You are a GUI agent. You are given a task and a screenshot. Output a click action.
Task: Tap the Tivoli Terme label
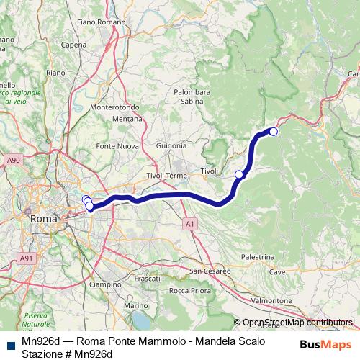tap(167, 176)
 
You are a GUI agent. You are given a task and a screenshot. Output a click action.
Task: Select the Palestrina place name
tap(258, 257)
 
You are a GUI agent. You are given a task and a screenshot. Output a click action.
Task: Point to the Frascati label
tap(147, 278)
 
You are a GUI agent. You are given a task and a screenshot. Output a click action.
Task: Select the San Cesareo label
tap(210, 271)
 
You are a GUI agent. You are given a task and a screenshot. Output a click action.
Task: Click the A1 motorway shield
tap(189, 225)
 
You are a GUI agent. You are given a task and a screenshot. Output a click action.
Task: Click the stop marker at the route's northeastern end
tap(274, 131)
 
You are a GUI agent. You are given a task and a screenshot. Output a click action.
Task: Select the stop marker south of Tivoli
tap(239, 174)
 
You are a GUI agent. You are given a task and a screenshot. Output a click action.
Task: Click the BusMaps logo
tap(325, 343)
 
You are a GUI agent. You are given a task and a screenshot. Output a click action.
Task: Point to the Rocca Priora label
tap(189, 290)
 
